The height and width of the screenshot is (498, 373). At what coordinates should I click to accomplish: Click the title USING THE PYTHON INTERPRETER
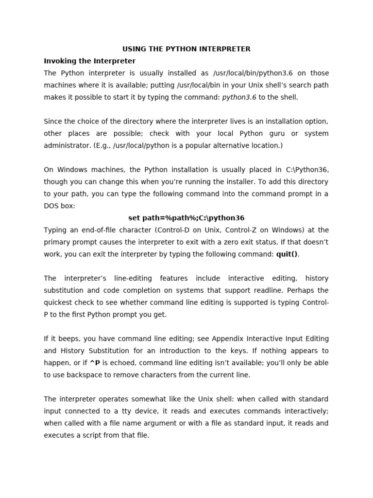tap(186, 49)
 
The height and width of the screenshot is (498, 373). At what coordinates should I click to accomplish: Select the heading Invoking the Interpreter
tap(90, 61)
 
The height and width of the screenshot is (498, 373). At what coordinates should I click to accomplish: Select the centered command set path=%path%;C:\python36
tap(186, 218)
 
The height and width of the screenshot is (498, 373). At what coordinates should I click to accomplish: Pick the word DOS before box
tap(52, 206)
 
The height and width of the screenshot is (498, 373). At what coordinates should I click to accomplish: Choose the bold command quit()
tap(287, 254)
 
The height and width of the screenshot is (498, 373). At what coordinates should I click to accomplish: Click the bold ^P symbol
tap(95, 363)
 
